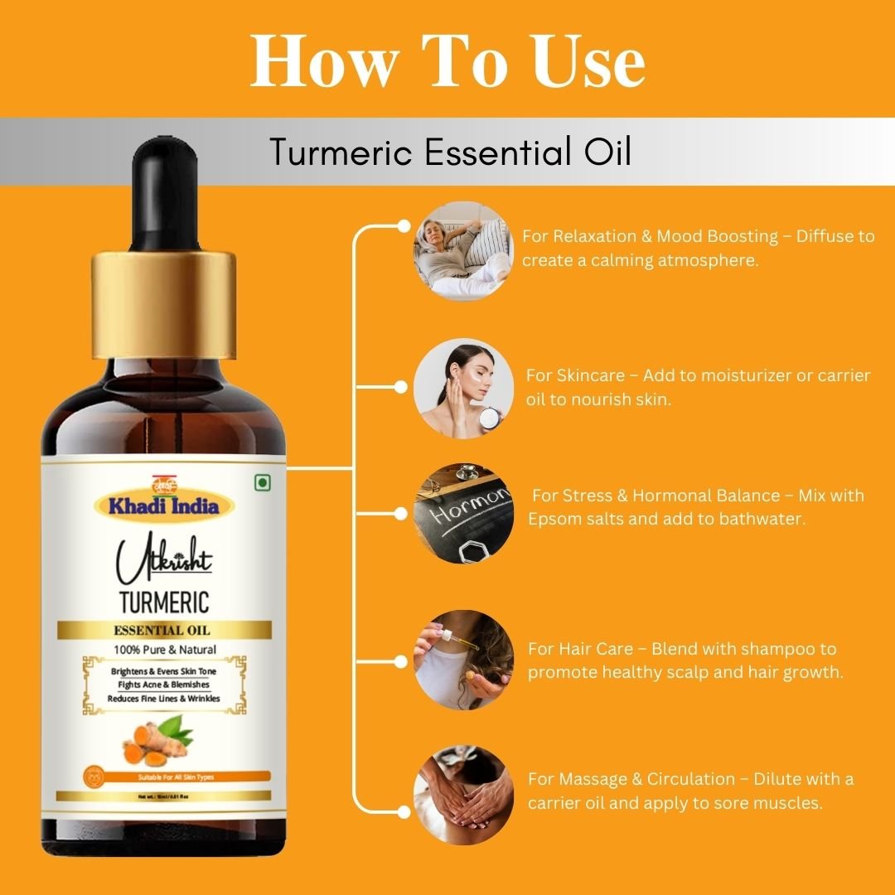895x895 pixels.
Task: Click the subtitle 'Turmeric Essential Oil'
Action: (450, 152)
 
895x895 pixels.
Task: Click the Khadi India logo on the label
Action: (163, 502)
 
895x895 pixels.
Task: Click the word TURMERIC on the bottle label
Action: (163, 601)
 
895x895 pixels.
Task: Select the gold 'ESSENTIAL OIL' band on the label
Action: (163, 631)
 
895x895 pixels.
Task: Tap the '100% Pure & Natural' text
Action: (163, 650)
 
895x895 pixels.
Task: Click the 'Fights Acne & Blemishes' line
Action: (163, 685)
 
